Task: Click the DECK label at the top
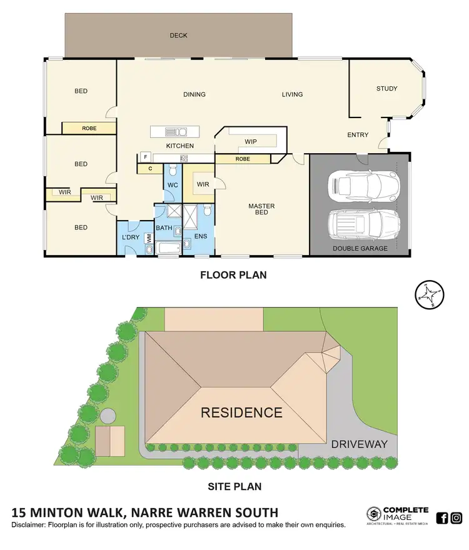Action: (x=178, y=36)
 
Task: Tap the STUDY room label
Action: (x=386, y=89)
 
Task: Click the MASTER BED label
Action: (x=261, y=209)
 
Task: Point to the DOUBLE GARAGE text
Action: (x=360, y=248)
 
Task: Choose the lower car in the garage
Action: (x=363, y=222)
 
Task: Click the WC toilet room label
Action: (x=173, y=186)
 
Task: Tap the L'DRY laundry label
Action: (x=131, y=237)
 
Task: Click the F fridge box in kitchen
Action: (x=144, y=156)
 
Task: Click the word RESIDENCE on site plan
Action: (x=241, y=412)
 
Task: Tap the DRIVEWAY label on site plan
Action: (x=360, y=444)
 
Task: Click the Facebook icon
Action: (x=441, y=517)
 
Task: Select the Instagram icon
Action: (x=456, y=517)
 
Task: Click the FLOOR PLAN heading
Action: (x=233, y=274)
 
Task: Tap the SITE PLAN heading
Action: (x=234, y=486)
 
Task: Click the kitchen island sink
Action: (x=176, y=132)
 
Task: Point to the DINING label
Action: (x=194, y=95)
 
